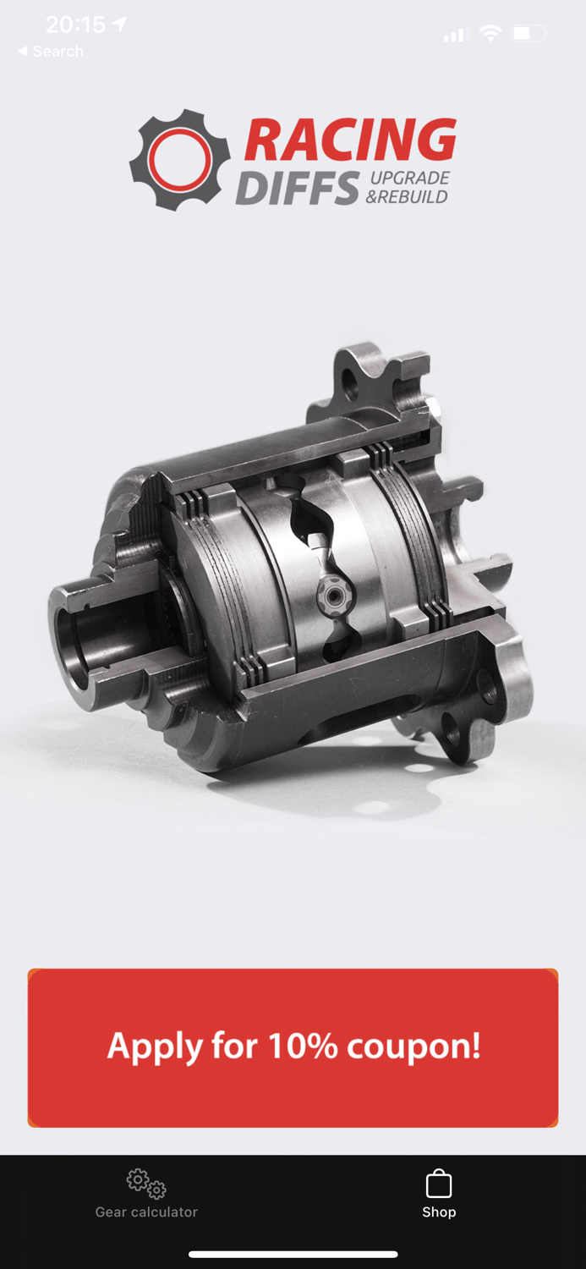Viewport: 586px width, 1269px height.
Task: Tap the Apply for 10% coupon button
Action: (x=293, y=1047)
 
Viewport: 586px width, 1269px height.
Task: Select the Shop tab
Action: (x=439, y=1194)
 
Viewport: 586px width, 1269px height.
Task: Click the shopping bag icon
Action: (x=439, y=1183)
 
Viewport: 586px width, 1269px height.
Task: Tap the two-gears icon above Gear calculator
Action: (x=146, y=1183)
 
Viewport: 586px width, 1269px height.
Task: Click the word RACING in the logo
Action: (x=350, y=140)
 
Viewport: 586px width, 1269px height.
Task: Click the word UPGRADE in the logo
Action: (x=409, y=179)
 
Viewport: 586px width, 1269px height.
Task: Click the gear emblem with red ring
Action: (x=180, y=160)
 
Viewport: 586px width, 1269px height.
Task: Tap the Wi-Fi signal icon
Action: (x=490, y=34)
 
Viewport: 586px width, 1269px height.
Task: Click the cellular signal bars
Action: (x=454, y=35)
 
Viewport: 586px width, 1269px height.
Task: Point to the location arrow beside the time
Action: (x=119, y=25)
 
